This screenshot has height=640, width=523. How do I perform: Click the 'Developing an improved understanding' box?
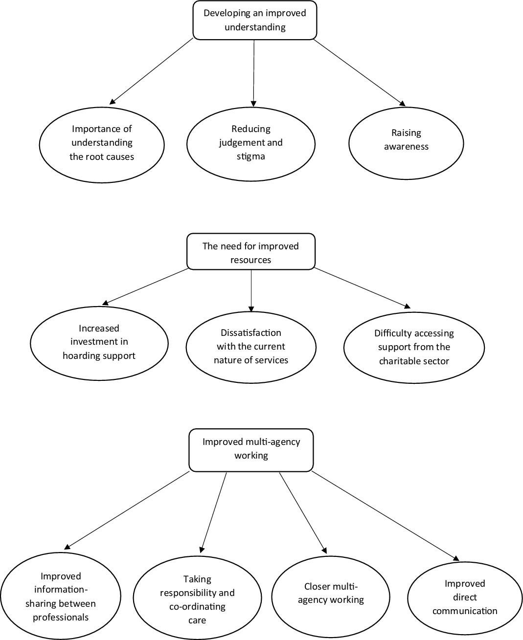pyautogui.click(x=255, y=20)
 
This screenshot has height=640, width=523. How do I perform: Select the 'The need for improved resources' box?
pyautogui.click(x=251, y=251)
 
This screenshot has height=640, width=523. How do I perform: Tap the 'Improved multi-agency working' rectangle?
pyautogui.click(x=251, y=450)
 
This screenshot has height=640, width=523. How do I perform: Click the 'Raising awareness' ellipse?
pyautogui.click(x=406, y=143)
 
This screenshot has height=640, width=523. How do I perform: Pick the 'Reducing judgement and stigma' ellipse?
pyautogui.click(x=251, y=144)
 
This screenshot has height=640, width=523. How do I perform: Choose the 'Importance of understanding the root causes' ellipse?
pyautogui.click(x=102, y=145)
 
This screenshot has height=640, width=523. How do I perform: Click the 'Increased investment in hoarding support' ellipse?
pyautogui.click(x=99, y=343)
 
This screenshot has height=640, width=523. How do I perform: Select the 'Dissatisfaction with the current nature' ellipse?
pyautogui.click(x=251, y=347)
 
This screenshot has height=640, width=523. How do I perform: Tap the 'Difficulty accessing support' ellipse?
pyautogui.click(x=414, y=348)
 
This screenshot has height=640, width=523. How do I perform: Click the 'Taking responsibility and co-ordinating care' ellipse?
pyautogui.click(x=197, y=598)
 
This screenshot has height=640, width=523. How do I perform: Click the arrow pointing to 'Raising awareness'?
pyautogui.click(x=359, y=72)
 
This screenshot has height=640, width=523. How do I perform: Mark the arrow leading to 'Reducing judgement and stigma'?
pyautogui.click(x=253, y=73)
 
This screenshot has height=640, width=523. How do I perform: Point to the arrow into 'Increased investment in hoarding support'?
pyautogui.click(x=145, y=287)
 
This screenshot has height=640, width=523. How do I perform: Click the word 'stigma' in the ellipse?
pyautogui.click(x=251, y=156)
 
